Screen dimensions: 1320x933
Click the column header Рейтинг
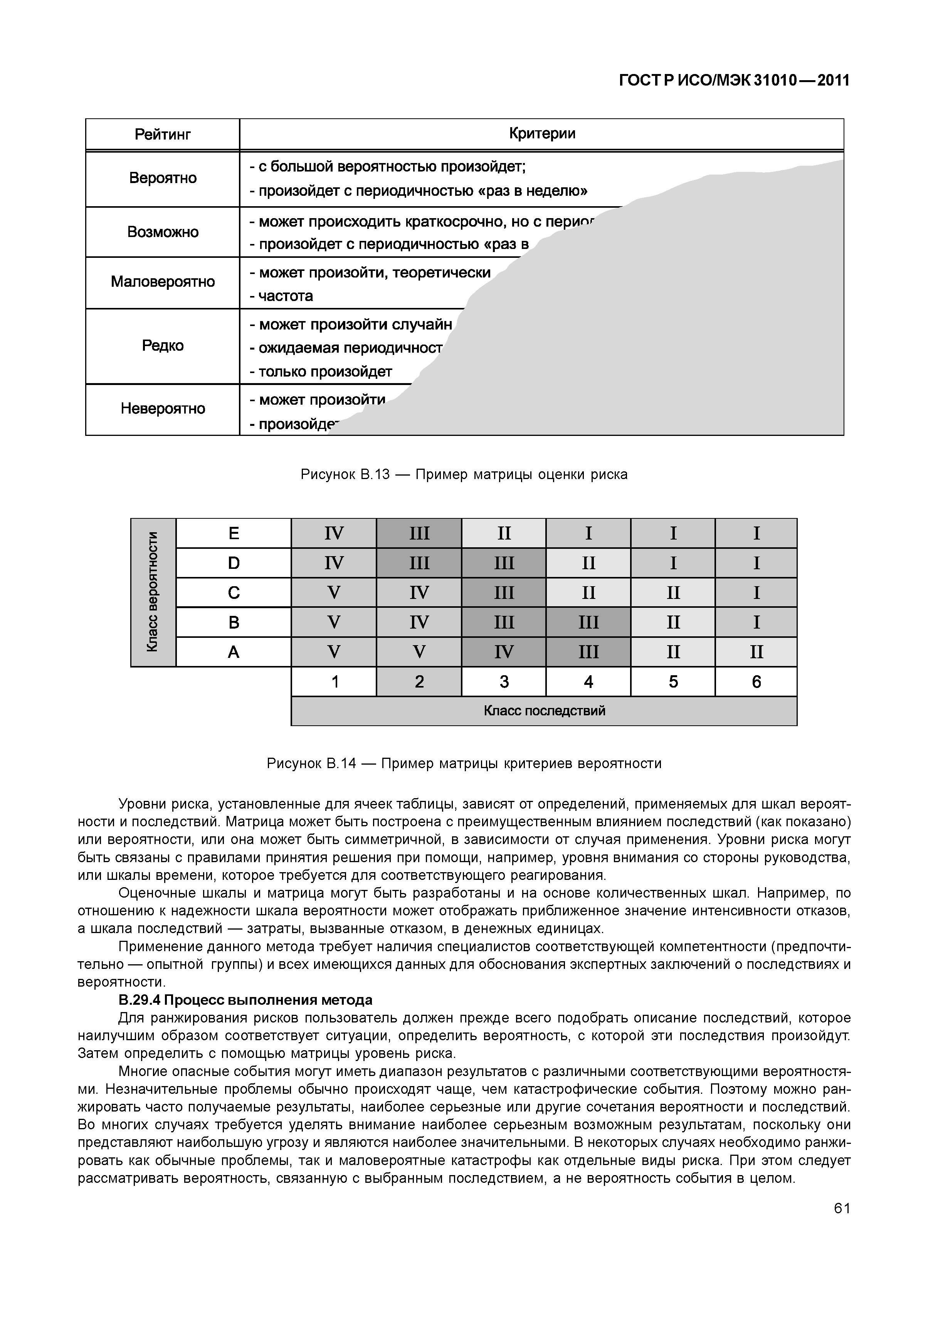pos(162,135)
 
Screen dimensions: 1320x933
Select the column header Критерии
pos(541,133)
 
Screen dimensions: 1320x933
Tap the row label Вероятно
pos(162,178)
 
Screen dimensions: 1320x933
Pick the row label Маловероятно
pos(162,282)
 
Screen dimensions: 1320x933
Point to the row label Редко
pos(162,346)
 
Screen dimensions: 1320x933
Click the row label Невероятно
pos(162,409)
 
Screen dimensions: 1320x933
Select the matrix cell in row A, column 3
pos(504,652)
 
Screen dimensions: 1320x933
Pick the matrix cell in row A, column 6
pos(756,652)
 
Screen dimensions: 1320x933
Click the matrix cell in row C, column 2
pos(419,593)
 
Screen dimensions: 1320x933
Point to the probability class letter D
pos(234,563)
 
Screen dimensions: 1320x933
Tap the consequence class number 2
pos(419,682)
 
